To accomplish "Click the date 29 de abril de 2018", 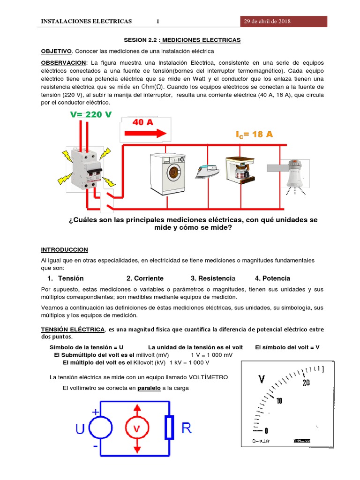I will click(x=267, y=22).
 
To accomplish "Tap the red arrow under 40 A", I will click(x=145, y=133).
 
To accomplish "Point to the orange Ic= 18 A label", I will click(x=254, y=135).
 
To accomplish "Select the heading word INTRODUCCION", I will click(x=64, y=249).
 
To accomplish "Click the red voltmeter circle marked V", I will click(x=137, y=428).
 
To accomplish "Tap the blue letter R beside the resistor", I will click(x=186, y=428).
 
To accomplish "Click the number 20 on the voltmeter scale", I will click(x=307, y=383).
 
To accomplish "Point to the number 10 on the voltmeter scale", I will click(x=279, y=401).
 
